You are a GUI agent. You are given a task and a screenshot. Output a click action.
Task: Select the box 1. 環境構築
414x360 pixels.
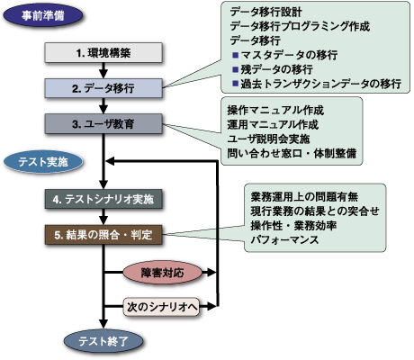103,55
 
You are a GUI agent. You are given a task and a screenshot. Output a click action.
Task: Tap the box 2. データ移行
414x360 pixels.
103,89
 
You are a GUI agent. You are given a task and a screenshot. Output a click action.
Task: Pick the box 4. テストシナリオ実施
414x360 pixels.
103,198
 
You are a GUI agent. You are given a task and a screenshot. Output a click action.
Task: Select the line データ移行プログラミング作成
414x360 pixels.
300,26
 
